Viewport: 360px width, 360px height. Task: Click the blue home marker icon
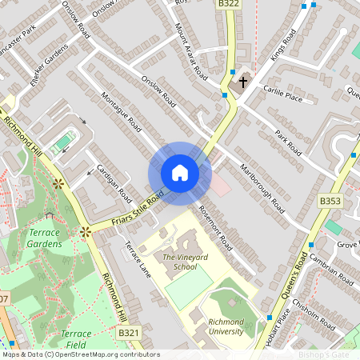(180, 173)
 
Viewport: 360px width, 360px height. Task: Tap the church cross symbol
(243, 82)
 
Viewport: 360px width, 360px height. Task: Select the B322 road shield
(228, 5)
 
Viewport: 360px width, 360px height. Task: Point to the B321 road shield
(128, 332)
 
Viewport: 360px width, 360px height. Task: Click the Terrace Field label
(76, 338)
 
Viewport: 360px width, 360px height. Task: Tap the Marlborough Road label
(262, 188)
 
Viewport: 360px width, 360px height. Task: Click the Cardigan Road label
(114, 182)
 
